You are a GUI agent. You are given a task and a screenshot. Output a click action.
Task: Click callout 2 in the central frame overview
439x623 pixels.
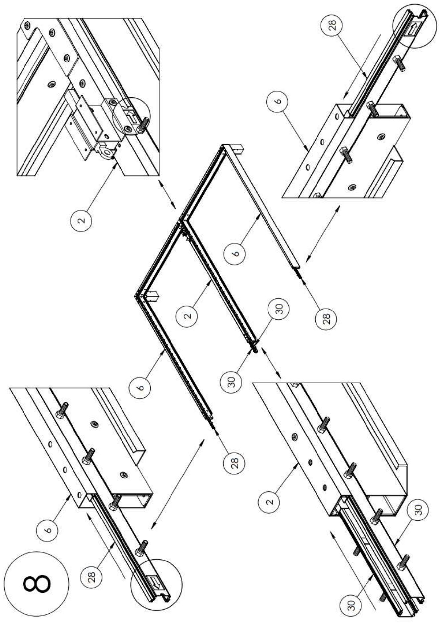pos(188,315)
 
